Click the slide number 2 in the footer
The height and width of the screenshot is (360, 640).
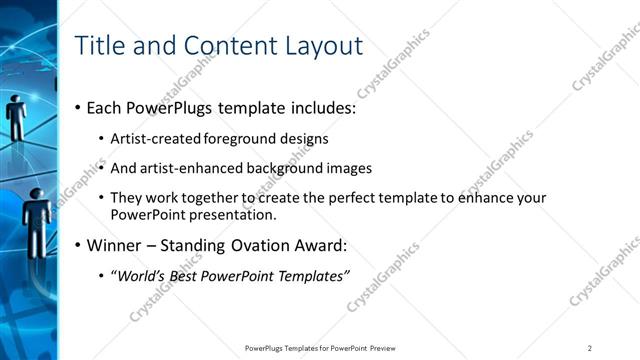[x=590, y=348]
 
